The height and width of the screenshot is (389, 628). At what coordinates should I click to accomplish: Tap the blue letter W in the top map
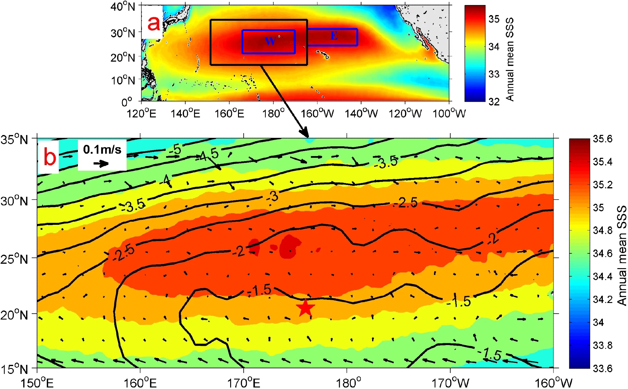(x=270, y=41)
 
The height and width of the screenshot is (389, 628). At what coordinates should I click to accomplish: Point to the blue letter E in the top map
(x=334, y=36)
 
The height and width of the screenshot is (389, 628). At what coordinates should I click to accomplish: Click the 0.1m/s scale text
(x=102, y=149)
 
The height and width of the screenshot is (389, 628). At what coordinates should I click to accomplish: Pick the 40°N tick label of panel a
(x=123, y=6)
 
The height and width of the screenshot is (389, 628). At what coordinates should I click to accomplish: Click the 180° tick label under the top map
(x=273, y=113)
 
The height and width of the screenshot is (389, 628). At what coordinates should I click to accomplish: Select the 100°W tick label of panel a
(x=449, y=113)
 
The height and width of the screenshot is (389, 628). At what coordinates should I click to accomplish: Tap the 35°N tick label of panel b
(x=14, y=139)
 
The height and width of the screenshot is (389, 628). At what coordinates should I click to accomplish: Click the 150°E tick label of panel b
(x=37, y=383)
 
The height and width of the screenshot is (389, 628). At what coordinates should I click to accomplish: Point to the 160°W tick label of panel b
(x=553, y=383)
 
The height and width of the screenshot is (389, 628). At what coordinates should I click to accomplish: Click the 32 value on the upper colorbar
(x=494, y=101)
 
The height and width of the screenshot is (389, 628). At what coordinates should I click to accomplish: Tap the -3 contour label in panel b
(x=272, y=197)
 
